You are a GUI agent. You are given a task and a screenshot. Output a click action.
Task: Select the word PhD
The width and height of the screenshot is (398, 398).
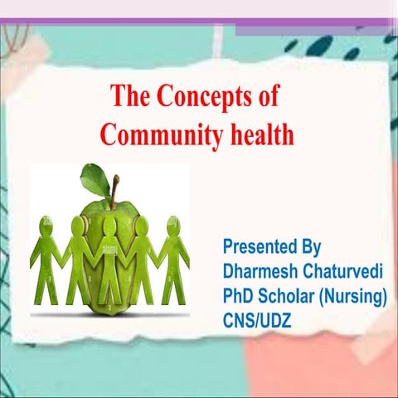[238, 295]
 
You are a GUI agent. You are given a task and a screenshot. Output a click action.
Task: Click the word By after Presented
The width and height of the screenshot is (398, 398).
[310, 246]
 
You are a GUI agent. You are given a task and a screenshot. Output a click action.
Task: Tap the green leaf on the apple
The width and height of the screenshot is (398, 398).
[96, 178]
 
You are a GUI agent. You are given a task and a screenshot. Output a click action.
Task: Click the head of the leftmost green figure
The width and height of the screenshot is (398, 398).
[46, 223]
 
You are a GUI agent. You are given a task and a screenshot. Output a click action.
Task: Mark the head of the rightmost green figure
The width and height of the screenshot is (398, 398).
[173, 223]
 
